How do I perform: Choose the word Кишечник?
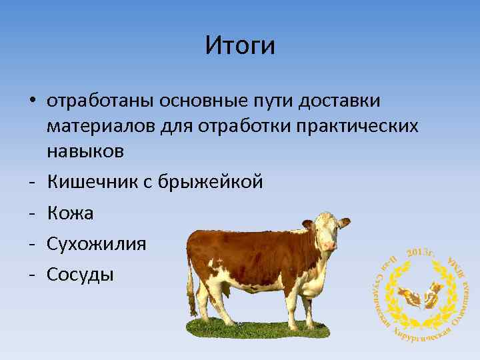click(x=91, y=181)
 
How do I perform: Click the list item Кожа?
click(x=70, y=213)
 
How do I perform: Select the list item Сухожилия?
click(x=96, y=243)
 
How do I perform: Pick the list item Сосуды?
click(x=80, y=273)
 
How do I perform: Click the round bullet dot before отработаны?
click(x=32, y=101)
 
